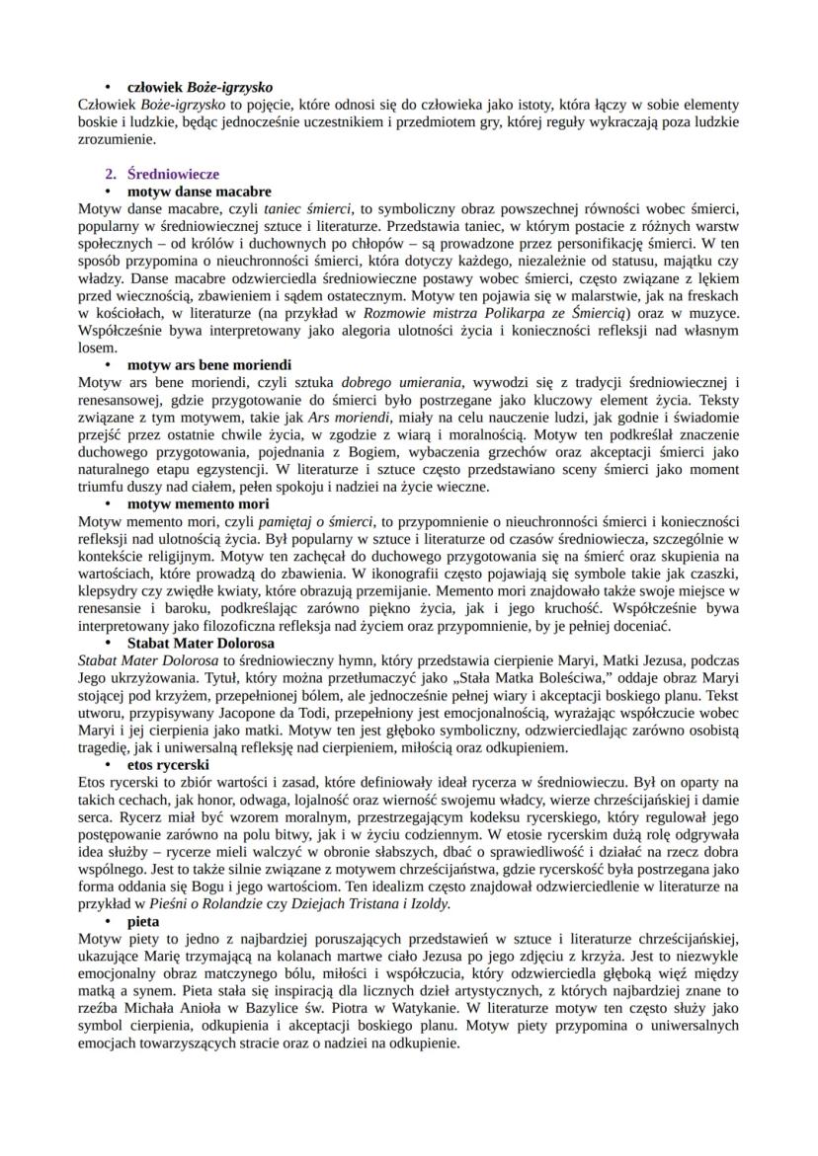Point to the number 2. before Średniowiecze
(112, 174)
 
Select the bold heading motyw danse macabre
(199, 191)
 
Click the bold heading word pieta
(143, 920)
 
